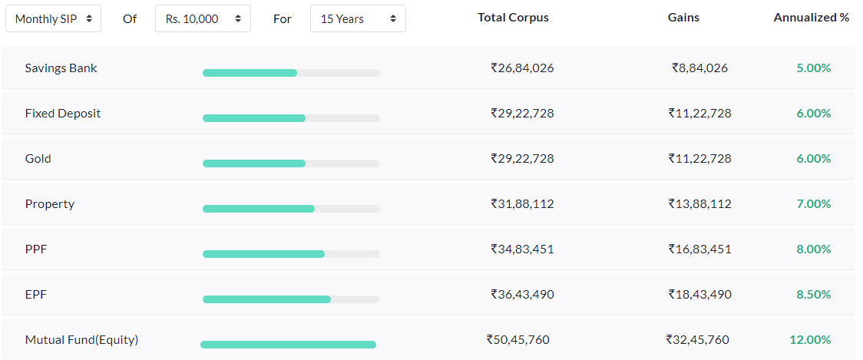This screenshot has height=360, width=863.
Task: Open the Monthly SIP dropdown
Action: point(53,18)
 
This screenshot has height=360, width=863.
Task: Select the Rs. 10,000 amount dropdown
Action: point(203,18)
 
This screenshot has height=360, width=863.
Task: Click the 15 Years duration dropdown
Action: point(358,18)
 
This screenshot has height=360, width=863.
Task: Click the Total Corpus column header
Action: point(513,18)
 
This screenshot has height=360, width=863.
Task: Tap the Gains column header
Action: point(683,18)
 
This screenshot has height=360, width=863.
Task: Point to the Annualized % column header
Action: point(811,18)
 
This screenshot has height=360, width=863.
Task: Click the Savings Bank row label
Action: point(61,68)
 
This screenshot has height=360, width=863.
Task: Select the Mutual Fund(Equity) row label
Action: point(81,340)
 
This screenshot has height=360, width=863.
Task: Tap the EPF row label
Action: point(37,295)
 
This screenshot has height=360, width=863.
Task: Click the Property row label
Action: point(50,204)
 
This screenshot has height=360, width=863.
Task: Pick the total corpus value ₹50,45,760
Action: point(517,340)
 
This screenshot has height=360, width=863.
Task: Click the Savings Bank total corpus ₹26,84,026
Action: point(522,68)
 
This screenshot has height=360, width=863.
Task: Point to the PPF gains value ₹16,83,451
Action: point(699,249)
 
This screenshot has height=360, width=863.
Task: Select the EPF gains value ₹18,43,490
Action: point(699,295)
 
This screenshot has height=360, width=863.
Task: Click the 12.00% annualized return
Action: point(810,340)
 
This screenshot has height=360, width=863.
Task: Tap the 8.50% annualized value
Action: point(814,295)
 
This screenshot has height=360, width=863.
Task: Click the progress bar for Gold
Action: point(291,163)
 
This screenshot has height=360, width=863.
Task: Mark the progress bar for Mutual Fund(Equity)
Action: point(288,345)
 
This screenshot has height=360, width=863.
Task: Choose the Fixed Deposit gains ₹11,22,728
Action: point(699,114)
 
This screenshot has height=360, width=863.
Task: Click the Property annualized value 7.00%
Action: point(814,204)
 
